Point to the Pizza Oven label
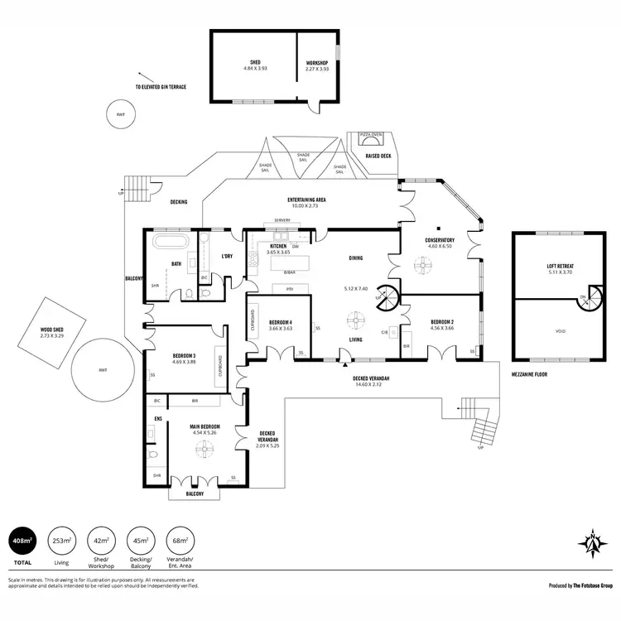point(370,133)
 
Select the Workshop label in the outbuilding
point(318,65)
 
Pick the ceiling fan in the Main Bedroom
point(202,447)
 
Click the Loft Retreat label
point(561,268)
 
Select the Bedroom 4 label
point(281,324)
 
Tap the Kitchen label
point(278,247)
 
